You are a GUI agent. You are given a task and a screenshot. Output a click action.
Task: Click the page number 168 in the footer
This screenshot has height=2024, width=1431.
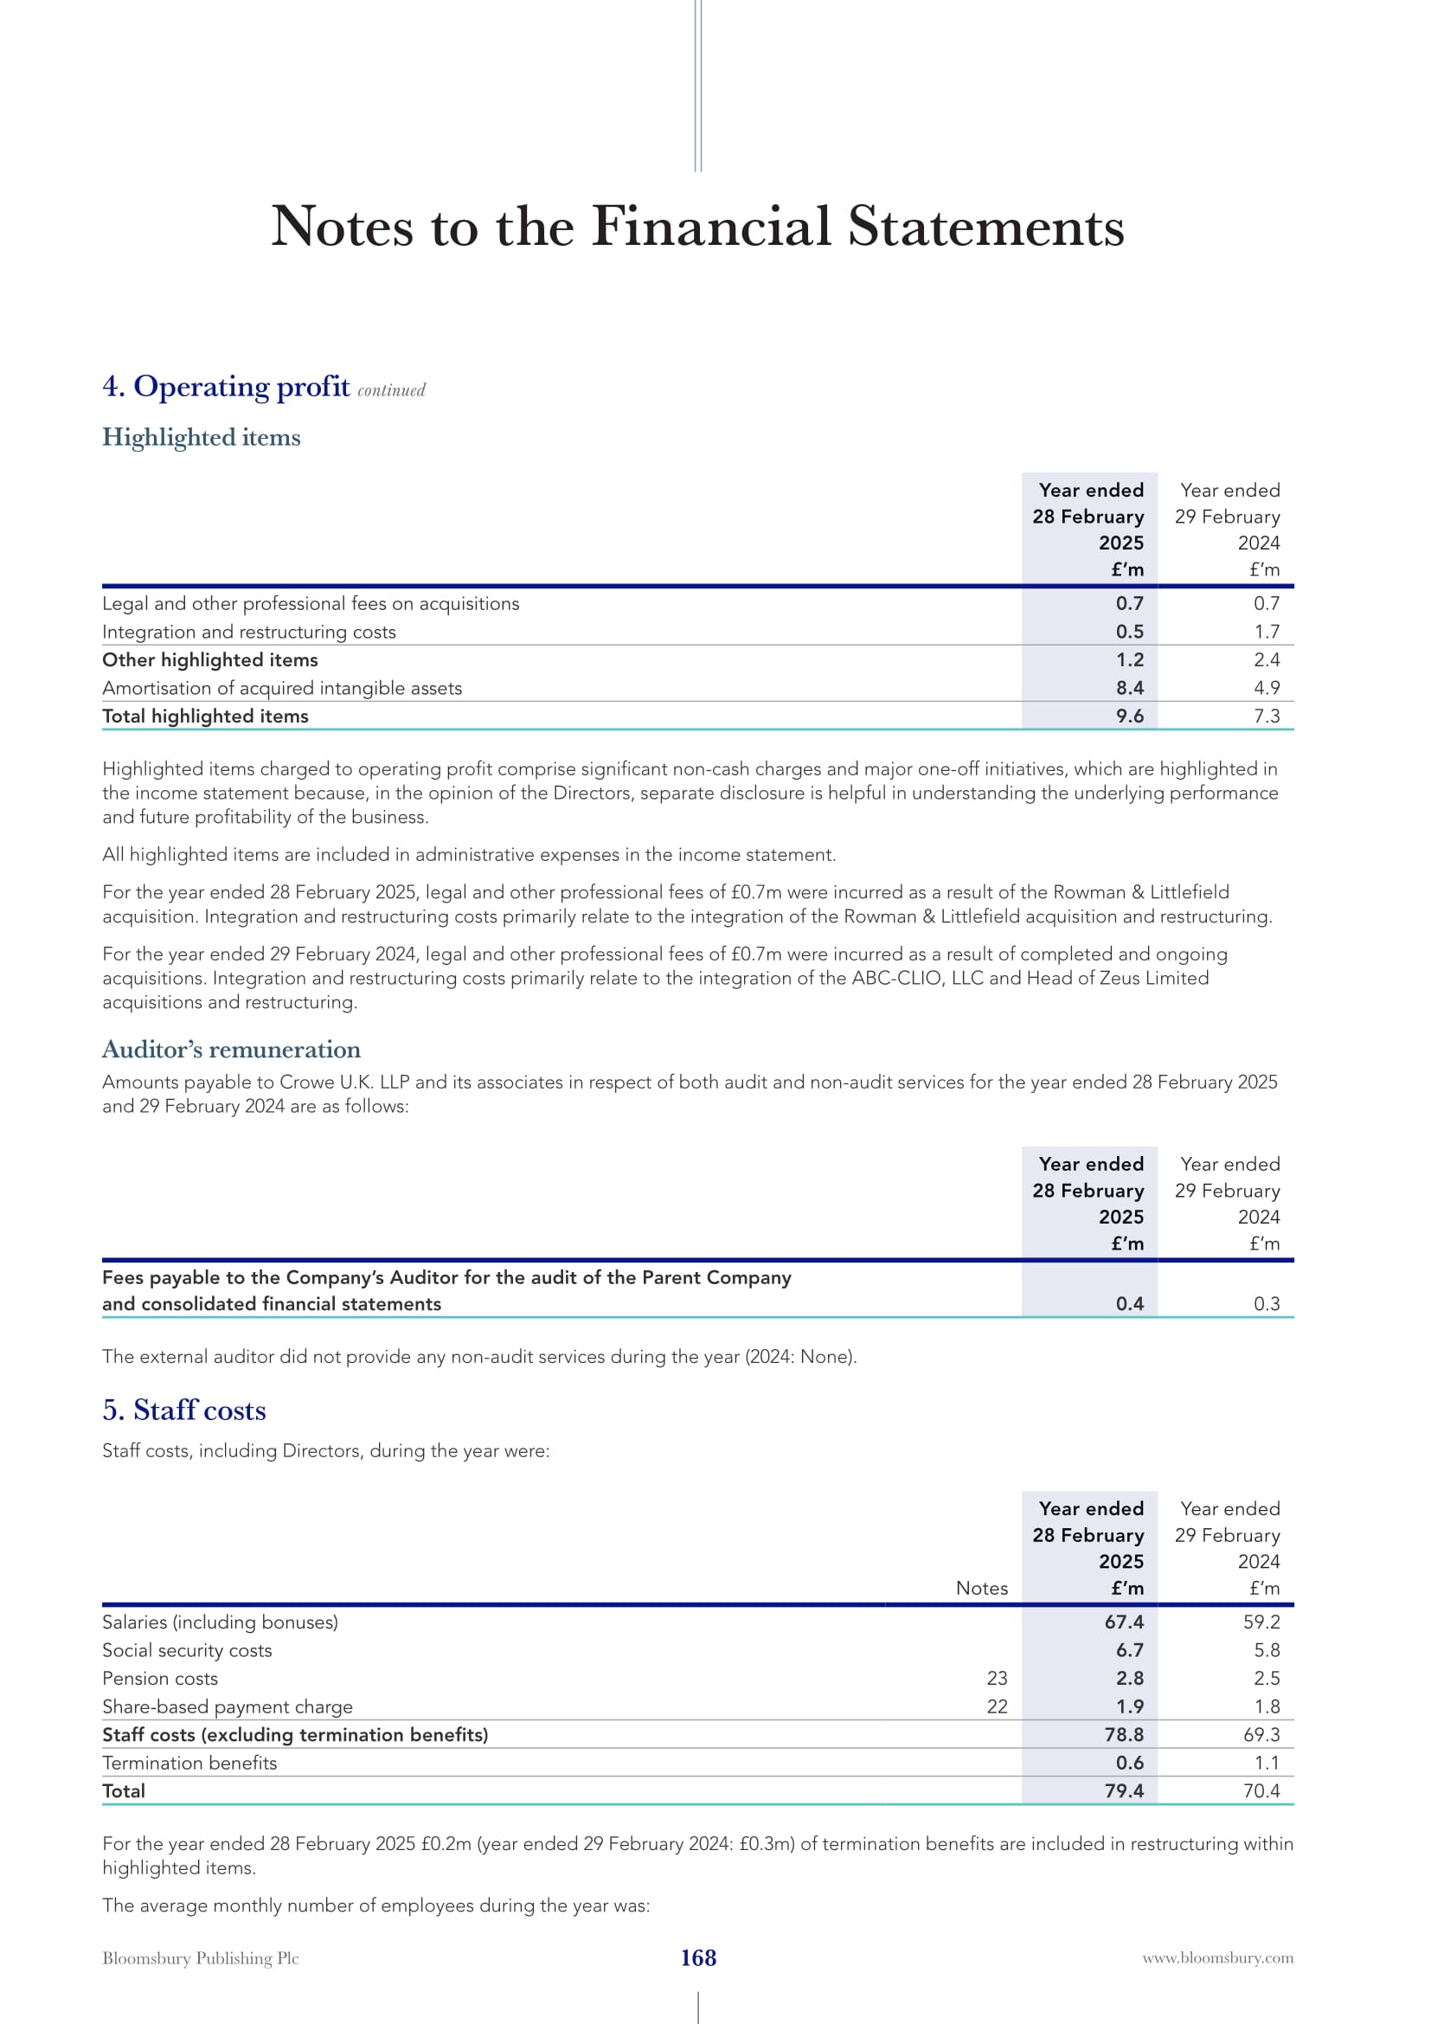click(x=698, y=1958)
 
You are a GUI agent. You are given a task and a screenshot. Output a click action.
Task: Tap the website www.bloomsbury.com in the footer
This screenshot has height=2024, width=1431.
click(x=1218, y=1958)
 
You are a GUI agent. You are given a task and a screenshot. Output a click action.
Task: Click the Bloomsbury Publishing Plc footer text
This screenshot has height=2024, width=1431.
click(x=201, y=1958)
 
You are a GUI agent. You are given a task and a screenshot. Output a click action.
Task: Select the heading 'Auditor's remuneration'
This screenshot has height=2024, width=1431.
click(x=231, y=1049)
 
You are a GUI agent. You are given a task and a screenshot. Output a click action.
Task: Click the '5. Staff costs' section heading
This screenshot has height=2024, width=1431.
click(x=184, y=1410)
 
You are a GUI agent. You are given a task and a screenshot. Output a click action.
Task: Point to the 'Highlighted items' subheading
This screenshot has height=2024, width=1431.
click(x=201, y=437)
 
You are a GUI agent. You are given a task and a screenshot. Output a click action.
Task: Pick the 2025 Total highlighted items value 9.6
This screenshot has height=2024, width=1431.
click(x=1129, y=716)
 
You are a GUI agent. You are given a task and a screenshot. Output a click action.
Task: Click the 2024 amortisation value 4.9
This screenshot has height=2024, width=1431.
click(x=1267, y=688)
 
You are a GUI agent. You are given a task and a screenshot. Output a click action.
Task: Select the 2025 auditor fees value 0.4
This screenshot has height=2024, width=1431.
click(x=1129, y=1304)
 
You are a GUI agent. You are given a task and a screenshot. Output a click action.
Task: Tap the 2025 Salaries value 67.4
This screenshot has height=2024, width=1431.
click(x=1124, y=1622)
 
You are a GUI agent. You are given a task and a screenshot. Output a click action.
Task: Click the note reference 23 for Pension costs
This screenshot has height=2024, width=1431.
click(x=997, y=1679)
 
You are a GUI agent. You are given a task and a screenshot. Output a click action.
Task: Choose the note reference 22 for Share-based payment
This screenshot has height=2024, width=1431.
click(x=997, y=1706)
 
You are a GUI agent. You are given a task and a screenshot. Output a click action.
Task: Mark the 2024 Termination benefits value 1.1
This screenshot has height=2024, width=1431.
click(x=1267, y=1763)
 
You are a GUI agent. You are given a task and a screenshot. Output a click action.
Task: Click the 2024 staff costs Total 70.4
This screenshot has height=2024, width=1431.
click(x=1261, y=1791)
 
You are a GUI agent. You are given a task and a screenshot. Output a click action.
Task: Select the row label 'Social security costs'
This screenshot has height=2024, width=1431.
click(x=187, y=1650)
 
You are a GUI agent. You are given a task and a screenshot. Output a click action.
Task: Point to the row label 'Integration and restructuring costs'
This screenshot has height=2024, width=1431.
click(x=248, y=632)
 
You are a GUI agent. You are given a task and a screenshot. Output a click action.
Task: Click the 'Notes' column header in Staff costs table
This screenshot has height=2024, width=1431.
click(x=982, y=1588)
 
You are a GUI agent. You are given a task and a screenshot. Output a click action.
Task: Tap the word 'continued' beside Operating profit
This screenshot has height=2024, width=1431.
click(x=391, y=390)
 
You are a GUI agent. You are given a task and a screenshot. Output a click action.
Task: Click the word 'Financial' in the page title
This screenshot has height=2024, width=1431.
click(x=711, y=227)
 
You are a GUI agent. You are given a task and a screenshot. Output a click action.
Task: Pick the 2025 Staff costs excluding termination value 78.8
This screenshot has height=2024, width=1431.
click(x=1124, y=1735)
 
